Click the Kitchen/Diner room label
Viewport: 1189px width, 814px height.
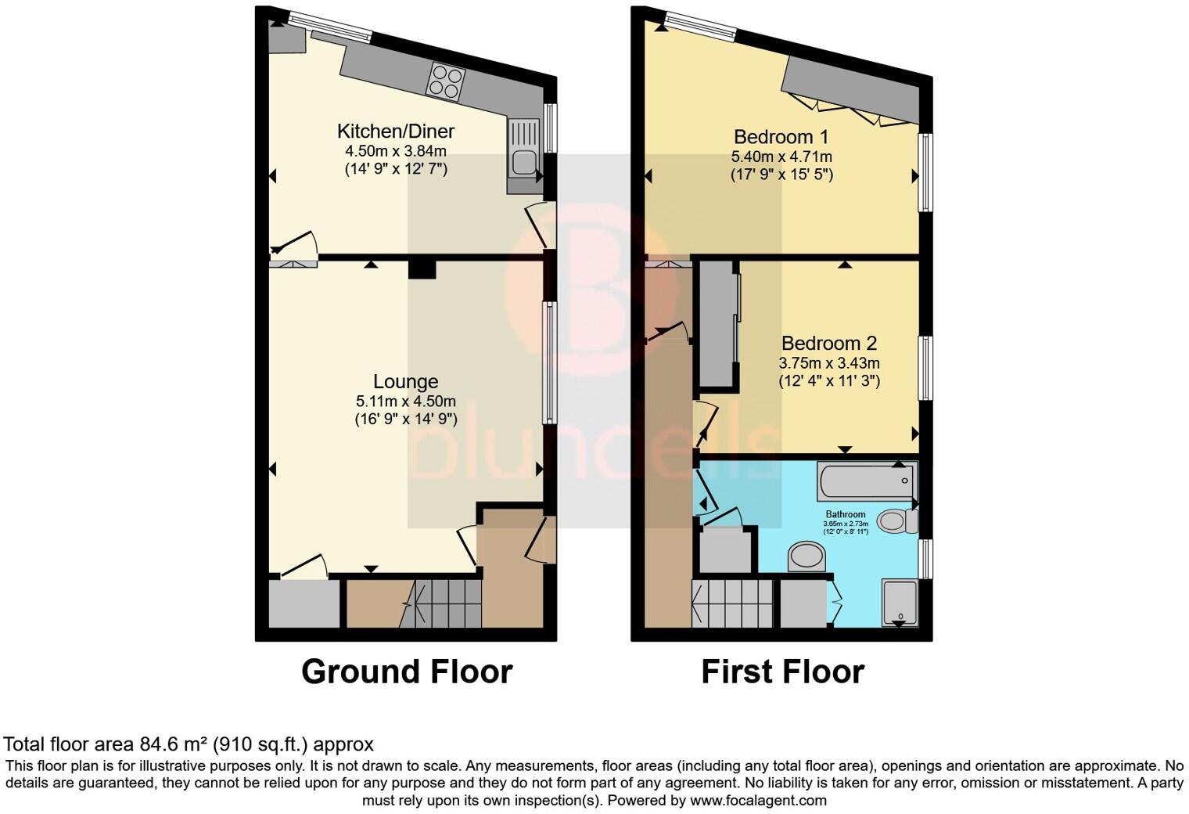click(395, 131)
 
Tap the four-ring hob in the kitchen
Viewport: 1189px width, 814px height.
click(445, 81)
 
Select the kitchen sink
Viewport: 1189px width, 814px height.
click(523, 156)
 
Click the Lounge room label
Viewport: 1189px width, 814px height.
click(405, 381)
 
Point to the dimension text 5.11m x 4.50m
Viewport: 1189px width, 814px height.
click(405, 401)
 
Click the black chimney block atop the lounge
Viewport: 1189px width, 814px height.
click(422, 268)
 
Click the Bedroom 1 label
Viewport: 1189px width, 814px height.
click(781, 137)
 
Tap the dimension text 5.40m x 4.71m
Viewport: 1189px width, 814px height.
click(781, 157)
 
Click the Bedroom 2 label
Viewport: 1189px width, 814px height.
click(828, 343)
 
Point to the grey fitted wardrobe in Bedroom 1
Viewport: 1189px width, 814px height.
click(853, 90)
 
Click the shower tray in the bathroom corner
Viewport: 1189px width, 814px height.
click(900, 602)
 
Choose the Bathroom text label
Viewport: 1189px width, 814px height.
click(845, 514)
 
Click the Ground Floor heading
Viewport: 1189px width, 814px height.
click(406, 672)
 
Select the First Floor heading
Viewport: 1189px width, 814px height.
click(782, 672)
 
